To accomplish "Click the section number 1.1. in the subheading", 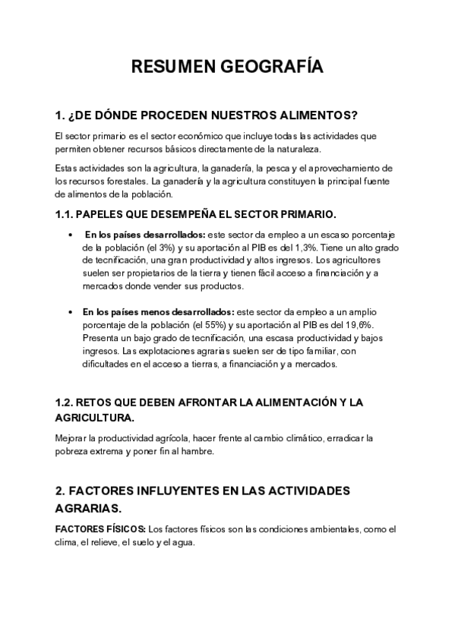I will click(x=66, y=215).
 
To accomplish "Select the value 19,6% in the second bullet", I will click(x=333, y=325).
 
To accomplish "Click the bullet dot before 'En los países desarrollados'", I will click(x=71, y=235).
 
